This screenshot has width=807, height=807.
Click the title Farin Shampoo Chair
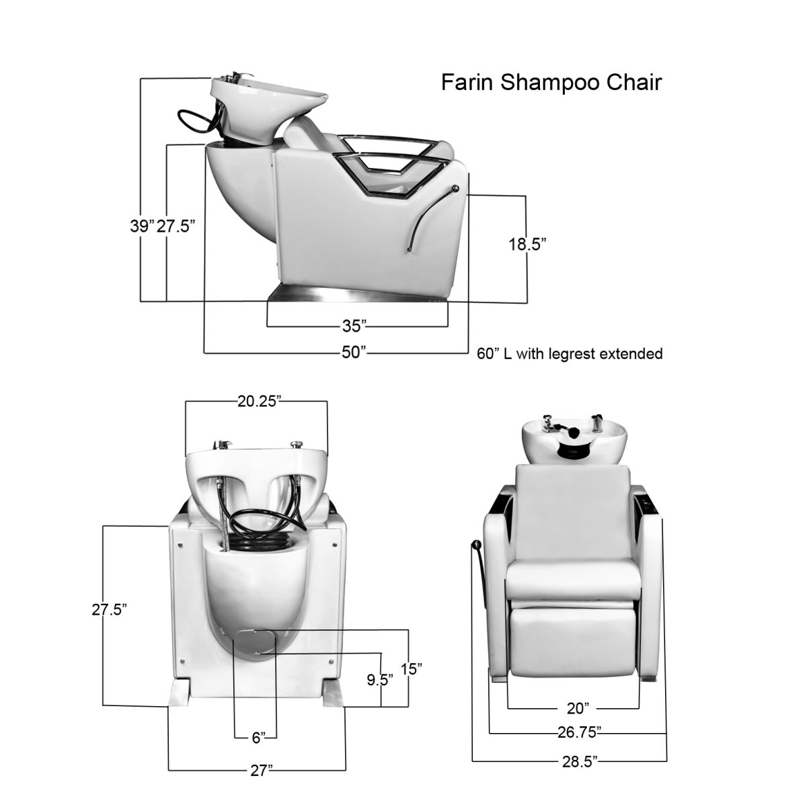tap(551, 82)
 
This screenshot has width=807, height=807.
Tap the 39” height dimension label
tap(142, 226)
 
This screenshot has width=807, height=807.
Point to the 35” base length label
tap(354, 327)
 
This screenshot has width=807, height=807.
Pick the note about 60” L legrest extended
tap(570, 354)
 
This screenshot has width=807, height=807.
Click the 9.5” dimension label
tap(380, 679)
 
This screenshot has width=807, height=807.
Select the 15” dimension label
tap(411, 669)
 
